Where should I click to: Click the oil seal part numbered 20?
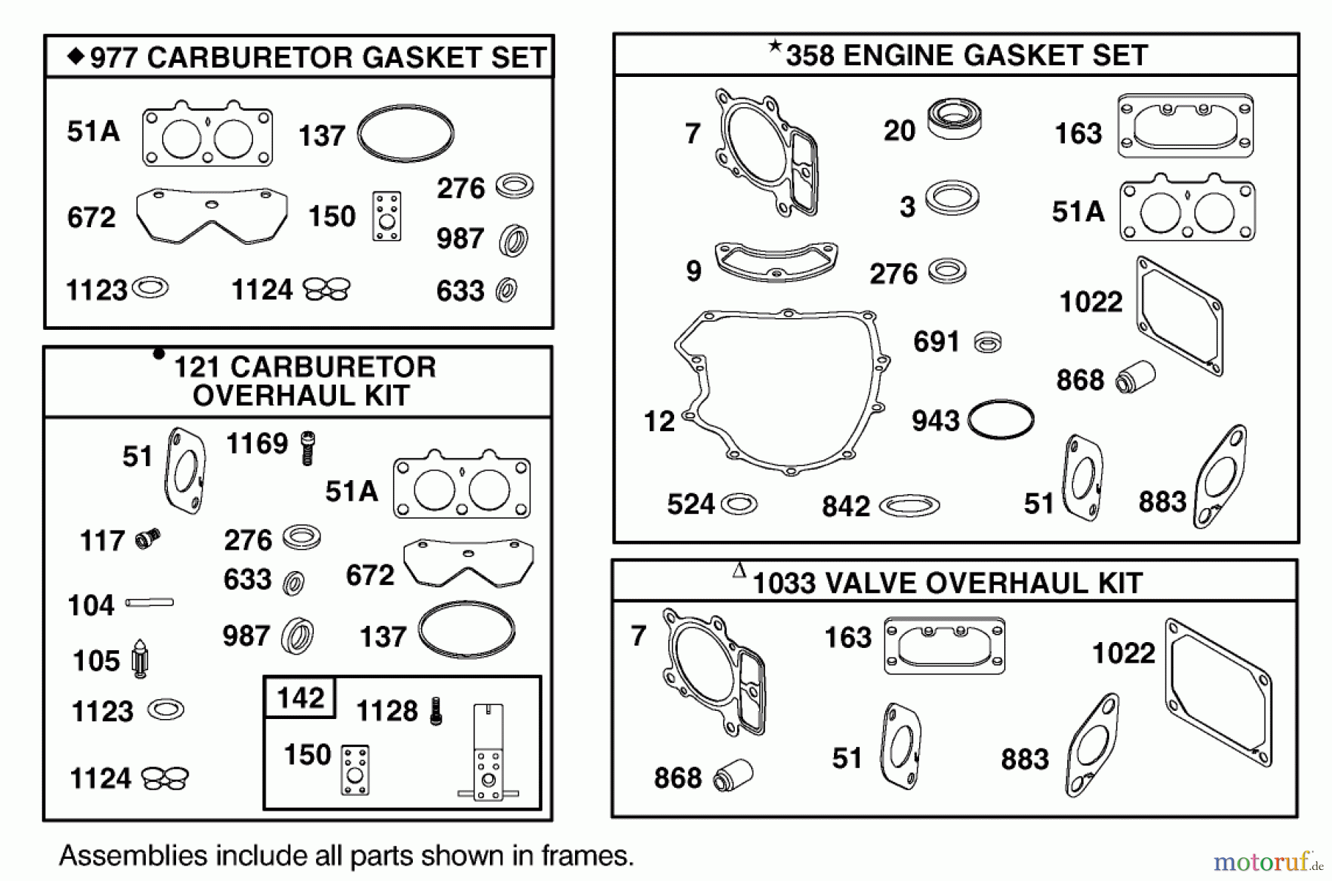tap(955, 119)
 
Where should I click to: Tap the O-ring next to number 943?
tap(1000, 420)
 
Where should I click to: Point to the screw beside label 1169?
tap(308, 448)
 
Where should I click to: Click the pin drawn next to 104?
tap(149, 603)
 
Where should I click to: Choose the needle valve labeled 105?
tap(139, 658)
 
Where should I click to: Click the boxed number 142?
tap(300, 698)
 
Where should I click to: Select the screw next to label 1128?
tap(436, 711)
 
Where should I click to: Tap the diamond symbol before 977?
tap(75, 56)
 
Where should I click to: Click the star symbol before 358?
tap(775, 47)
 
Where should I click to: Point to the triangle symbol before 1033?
tap(739, 570)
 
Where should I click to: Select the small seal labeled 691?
tap(987, 342)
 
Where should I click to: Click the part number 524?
tap(690, 504)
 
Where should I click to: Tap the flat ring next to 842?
tap(909, 506)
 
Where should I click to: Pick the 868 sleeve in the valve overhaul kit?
tap(733, 774)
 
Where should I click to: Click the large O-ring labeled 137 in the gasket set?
tap(406, 134)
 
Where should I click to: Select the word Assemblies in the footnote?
tap(133, 856)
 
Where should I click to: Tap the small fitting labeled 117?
tap(148, 539)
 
